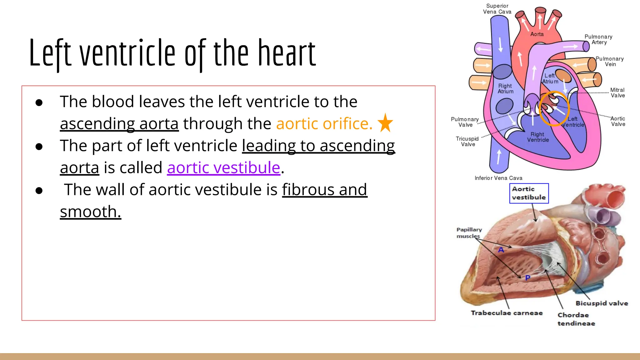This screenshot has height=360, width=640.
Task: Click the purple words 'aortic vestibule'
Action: click(223, 168)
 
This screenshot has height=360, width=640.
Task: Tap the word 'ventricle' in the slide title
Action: click(127, 53)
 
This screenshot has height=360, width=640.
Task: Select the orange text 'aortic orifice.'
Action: click(324, 124)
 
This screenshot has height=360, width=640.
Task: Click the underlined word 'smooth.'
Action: click(90, 212)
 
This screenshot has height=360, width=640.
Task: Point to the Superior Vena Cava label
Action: click(497, 9)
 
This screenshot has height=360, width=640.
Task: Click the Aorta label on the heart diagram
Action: click(537, 34)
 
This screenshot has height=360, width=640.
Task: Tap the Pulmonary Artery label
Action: click(598, 39)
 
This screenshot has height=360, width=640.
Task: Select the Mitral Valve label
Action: click(617, 92)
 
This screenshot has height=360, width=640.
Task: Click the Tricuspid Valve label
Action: click(467, 141)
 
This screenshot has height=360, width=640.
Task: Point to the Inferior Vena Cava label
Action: click(498, 178)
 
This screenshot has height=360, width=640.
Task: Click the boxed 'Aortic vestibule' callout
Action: click(529, 193)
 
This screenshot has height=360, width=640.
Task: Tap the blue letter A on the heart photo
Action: click(501, 250)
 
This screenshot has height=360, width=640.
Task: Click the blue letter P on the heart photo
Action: click(527, 277)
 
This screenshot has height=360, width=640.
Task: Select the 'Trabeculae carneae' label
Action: click(507, 313)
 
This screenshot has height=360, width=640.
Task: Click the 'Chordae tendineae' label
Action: click(576, 319)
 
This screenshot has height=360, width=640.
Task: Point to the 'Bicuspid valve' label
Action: click(602, 303)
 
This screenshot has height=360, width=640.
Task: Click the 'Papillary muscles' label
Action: click(469, 233)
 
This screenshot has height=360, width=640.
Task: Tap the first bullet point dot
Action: click(39, 102)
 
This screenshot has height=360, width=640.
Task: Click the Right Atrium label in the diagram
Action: click(505, 88)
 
